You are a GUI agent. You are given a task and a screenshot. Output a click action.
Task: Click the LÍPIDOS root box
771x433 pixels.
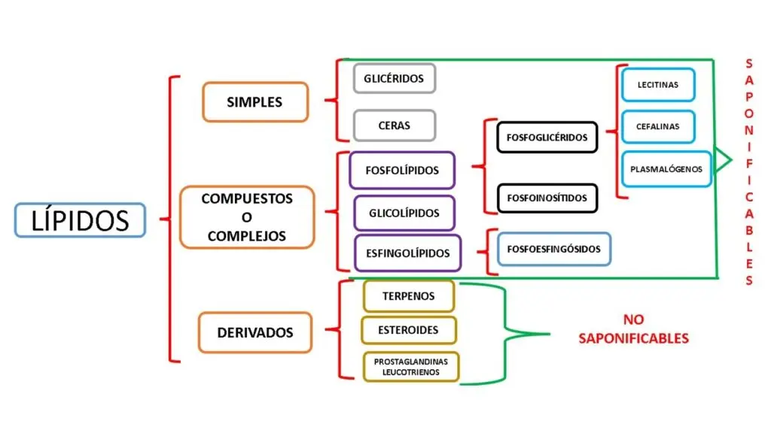pos(79,220)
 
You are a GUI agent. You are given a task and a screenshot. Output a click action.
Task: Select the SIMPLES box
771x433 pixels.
pos(254,102)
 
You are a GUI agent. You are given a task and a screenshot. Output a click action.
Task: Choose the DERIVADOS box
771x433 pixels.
pos(254,332)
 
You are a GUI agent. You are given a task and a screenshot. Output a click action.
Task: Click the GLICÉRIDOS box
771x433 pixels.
pos(394,78)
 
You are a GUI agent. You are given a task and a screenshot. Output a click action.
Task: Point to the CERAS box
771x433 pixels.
pos(394,126)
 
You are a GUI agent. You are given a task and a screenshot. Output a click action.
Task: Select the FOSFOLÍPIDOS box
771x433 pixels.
pos(402,171)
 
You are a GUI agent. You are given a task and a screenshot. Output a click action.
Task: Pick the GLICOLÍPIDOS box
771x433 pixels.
pos(404,213)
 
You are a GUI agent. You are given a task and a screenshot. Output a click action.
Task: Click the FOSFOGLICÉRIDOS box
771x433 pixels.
pos(547,138)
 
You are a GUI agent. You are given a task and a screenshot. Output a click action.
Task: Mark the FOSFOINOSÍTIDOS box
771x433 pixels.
pos(547,198)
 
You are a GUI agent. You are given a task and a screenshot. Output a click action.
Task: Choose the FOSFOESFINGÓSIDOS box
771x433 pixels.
pos(554,249)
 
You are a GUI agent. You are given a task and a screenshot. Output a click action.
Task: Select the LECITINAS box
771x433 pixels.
pos(657,85)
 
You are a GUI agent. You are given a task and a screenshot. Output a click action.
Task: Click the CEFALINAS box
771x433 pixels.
pos(657,126)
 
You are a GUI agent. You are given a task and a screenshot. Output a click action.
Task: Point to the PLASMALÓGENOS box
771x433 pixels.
pos(666,169)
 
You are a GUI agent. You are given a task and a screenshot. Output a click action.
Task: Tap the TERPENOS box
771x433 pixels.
pos(408,296)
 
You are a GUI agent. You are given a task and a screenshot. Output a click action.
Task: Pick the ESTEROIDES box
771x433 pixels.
pos(409,330)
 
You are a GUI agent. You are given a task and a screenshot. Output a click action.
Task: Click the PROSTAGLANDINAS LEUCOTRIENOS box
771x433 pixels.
pos(410,367)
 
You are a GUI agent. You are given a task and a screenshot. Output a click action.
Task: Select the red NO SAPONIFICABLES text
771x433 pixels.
pos(633,329)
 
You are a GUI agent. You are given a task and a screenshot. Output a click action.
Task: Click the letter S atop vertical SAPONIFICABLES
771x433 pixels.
pos(748,65)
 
